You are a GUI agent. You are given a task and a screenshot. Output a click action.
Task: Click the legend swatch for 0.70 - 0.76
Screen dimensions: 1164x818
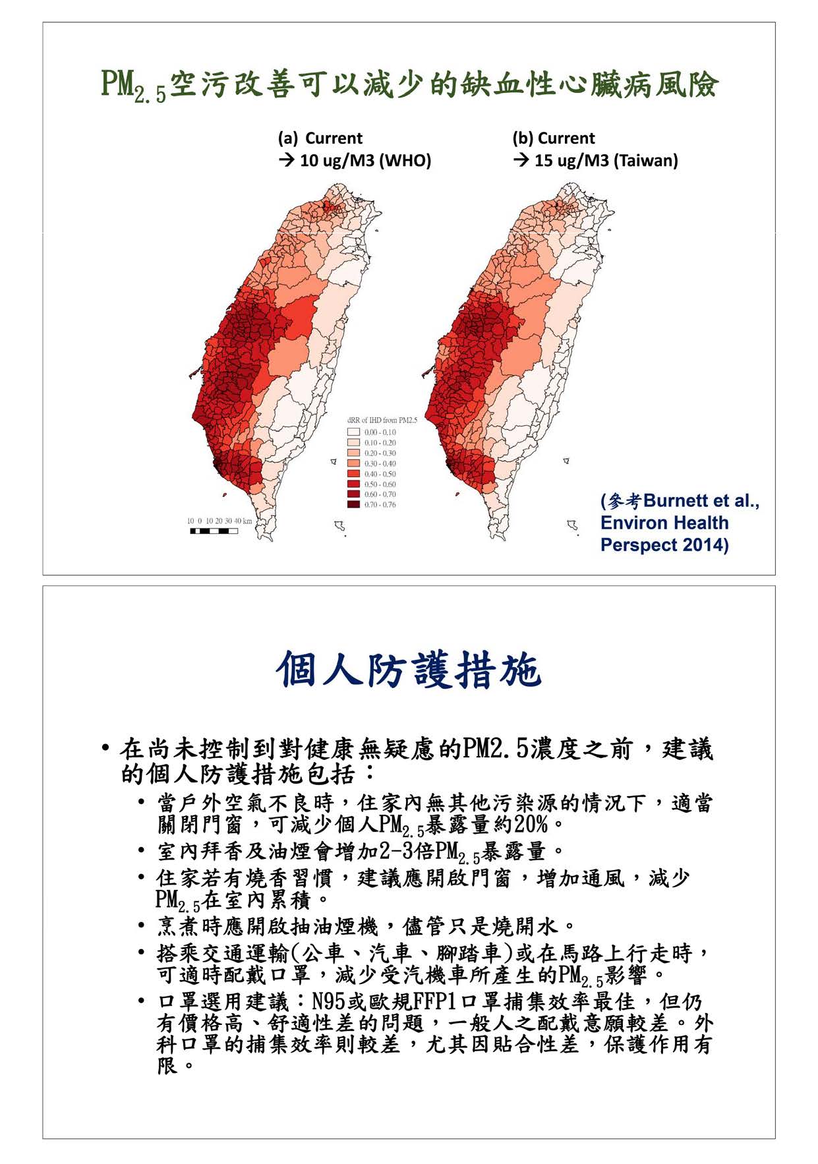(353, 505)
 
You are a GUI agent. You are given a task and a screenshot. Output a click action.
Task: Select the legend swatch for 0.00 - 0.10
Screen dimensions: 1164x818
(353, 432)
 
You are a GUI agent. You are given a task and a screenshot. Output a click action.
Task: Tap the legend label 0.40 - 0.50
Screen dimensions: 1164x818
(380, 474)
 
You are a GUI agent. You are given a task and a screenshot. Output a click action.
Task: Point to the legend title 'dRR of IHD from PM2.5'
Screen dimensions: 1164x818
(382, 420)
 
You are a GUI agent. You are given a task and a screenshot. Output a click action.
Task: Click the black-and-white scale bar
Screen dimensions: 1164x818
(214, 531)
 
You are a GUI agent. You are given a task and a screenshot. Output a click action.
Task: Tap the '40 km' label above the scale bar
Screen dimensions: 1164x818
(243, 521)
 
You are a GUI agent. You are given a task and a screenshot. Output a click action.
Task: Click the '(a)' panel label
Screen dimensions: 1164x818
(288, 138)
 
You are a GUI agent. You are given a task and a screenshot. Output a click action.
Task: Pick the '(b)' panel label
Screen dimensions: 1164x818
(523, 138)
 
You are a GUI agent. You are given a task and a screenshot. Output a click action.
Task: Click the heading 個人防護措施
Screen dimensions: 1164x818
(409, 670)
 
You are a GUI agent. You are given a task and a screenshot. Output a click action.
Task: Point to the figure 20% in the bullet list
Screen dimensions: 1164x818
(531, 825)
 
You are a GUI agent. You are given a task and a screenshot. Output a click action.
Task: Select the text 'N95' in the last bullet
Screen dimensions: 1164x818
(328, 1002)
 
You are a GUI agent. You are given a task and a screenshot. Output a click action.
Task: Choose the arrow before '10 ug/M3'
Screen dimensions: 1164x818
(286, 161)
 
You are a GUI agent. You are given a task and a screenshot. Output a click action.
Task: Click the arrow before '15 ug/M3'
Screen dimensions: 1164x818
(521, 161)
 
